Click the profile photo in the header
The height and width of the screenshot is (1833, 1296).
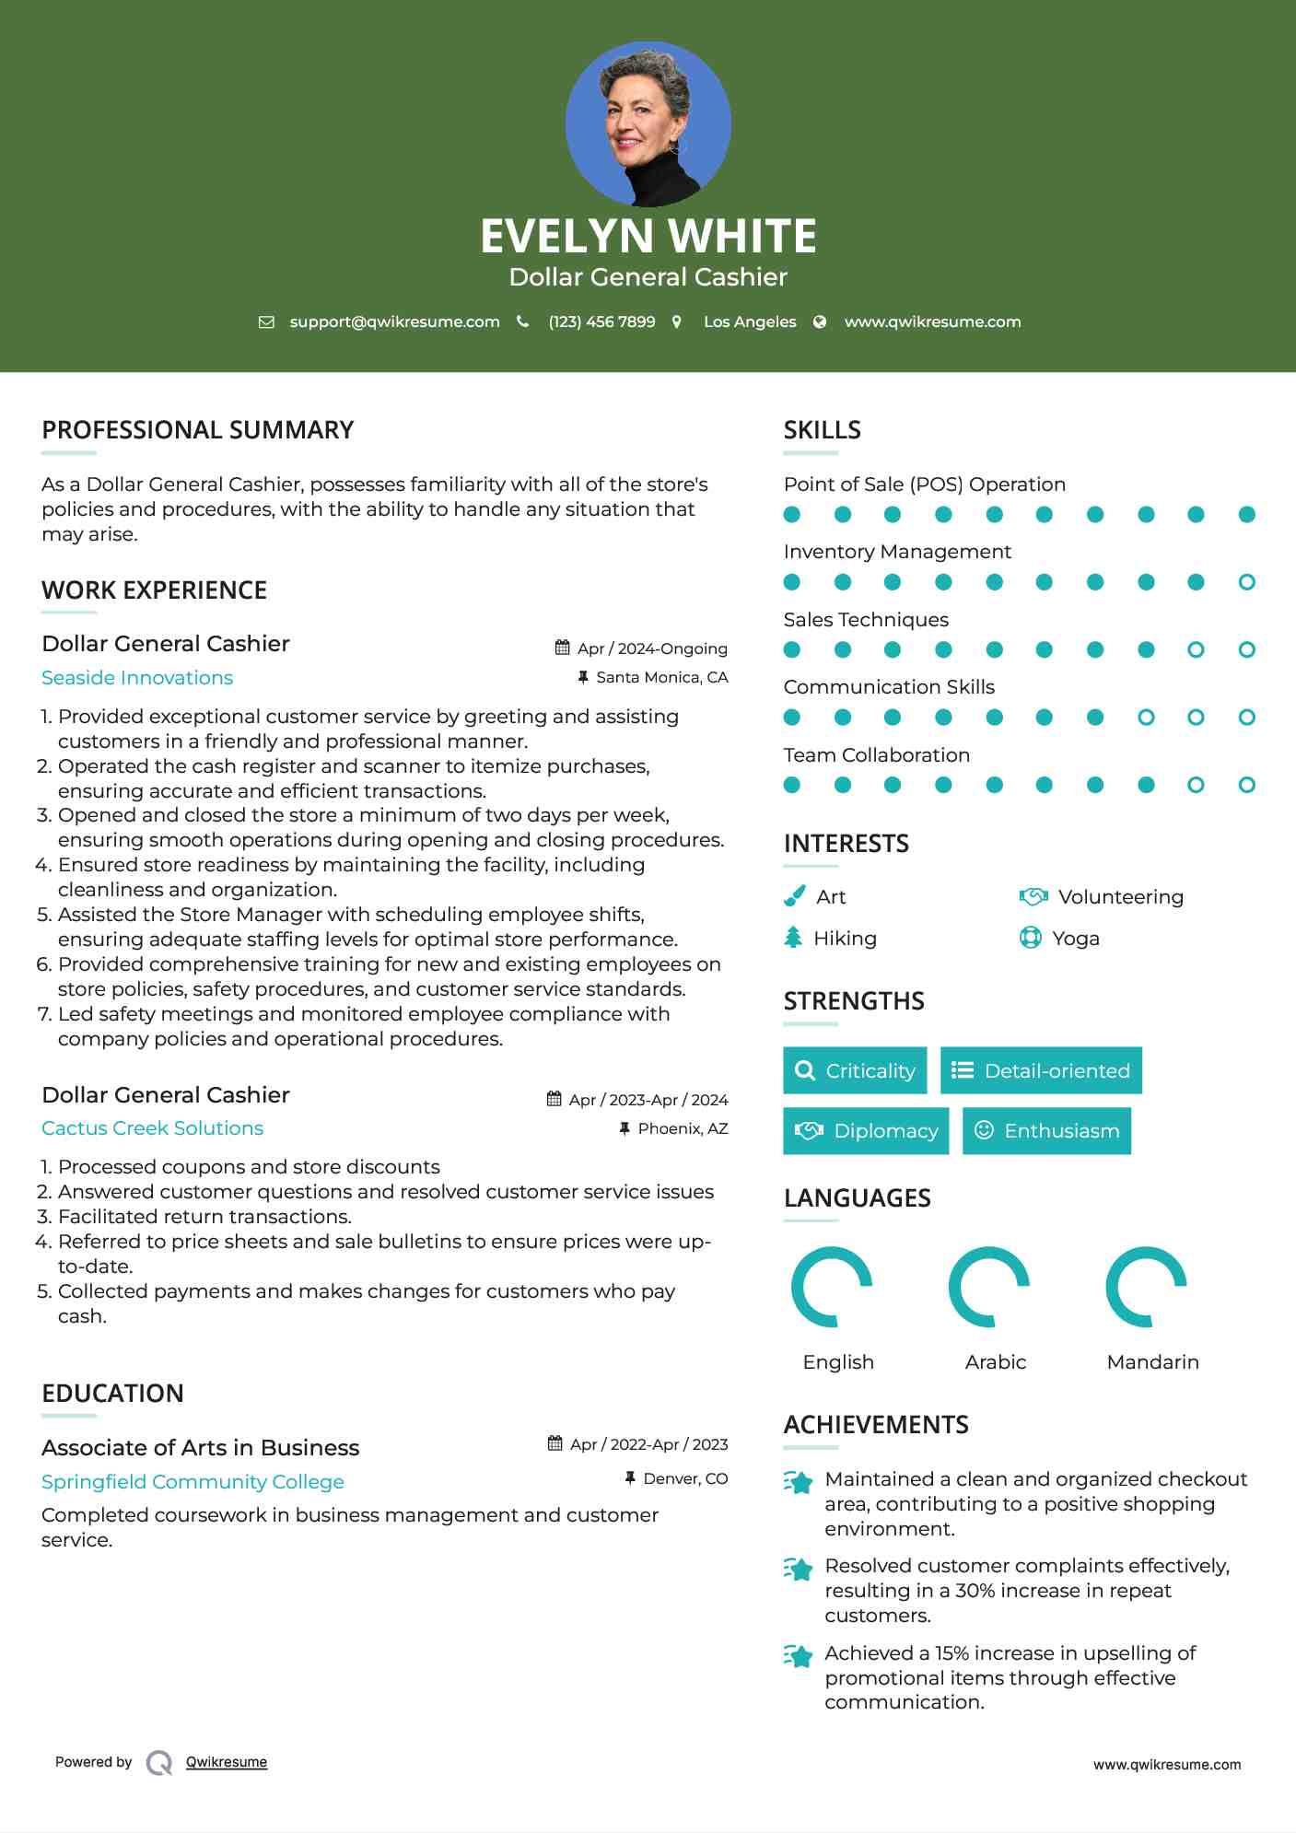pos(648,123)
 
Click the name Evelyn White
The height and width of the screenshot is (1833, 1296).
pos(648,236)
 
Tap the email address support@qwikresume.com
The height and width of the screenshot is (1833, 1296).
pos(394,321)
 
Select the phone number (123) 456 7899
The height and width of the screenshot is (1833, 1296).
pos(601,321)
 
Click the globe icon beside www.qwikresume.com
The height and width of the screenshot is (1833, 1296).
pos(820,321)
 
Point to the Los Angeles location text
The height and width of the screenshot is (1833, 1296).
pos(750,321)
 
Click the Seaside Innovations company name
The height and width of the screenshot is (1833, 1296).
pos(137,678)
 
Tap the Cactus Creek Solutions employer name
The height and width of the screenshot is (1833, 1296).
pos(152,1128)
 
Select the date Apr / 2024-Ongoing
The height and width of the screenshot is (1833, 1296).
pos(652,648)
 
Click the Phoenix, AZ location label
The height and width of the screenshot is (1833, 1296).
pos(683,1128)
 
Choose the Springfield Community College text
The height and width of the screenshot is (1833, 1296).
pos(193,1482)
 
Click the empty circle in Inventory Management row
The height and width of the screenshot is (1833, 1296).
pos(1246,582)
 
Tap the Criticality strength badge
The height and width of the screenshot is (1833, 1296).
pos(855,1070)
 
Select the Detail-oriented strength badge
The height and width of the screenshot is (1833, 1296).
pos(1041,1070)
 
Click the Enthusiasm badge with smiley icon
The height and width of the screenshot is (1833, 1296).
pos(1046,1131)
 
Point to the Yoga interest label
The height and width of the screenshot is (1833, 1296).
pos(1076,939)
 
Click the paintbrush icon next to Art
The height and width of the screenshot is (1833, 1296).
pos(794,896)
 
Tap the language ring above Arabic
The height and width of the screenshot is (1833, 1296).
pos(989,1287)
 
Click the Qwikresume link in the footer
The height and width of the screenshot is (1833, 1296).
pos(227,1762)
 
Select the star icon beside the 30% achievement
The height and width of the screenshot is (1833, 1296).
pos(799,1569)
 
